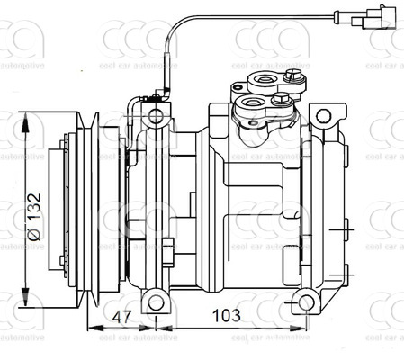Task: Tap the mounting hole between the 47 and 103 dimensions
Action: [157, 301]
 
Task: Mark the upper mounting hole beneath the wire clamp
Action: [157, 116]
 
